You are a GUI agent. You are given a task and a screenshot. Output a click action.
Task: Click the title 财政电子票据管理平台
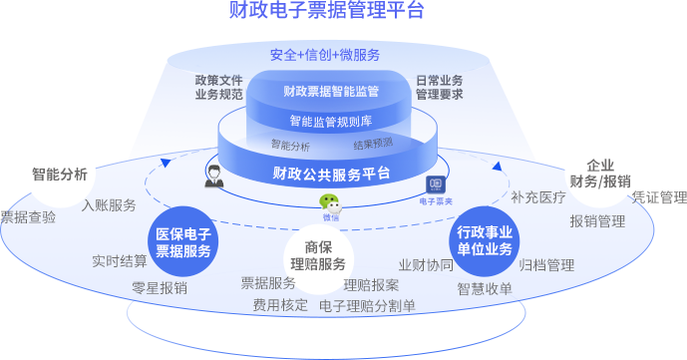click(327, 11)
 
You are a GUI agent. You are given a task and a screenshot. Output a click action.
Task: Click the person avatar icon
click(213, 177)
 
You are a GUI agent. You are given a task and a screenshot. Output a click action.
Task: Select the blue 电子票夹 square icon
click(436, 185)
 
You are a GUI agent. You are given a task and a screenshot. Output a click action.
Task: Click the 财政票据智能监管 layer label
click(330, 92)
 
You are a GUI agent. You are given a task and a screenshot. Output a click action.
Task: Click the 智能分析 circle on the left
click(60, 174)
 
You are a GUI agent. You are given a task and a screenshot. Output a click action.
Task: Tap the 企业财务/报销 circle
click(600, 173)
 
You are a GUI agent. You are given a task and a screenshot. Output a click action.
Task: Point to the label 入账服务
click(109, 205)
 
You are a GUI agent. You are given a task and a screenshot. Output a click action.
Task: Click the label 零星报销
click(160, 287)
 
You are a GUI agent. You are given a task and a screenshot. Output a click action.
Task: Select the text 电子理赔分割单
click(368, 305)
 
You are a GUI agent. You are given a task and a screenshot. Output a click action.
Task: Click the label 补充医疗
click(538, 197)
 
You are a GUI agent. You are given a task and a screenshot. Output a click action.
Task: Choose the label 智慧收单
click(485, 288)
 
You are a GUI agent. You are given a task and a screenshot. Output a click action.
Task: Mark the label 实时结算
click(120, 261)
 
